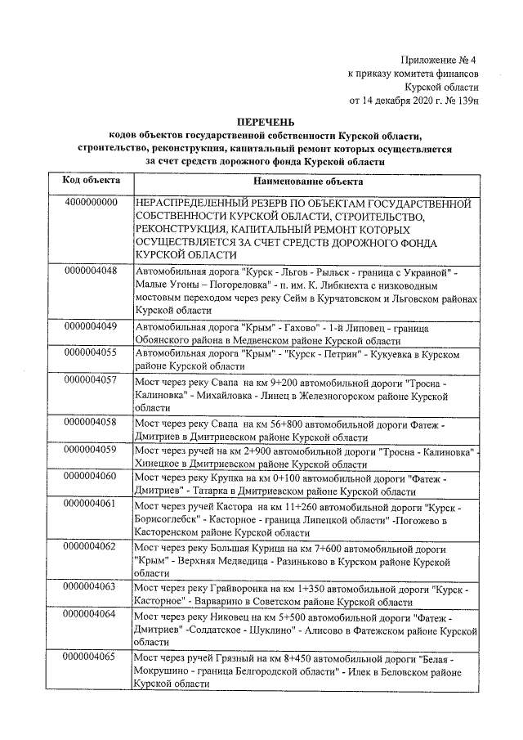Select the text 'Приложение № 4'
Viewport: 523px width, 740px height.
click(439, 60)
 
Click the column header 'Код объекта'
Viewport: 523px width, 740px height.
click(92, 180)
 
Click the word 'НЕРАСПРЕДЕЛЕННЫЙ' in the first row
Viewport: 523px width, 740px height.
click(189, 202)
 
